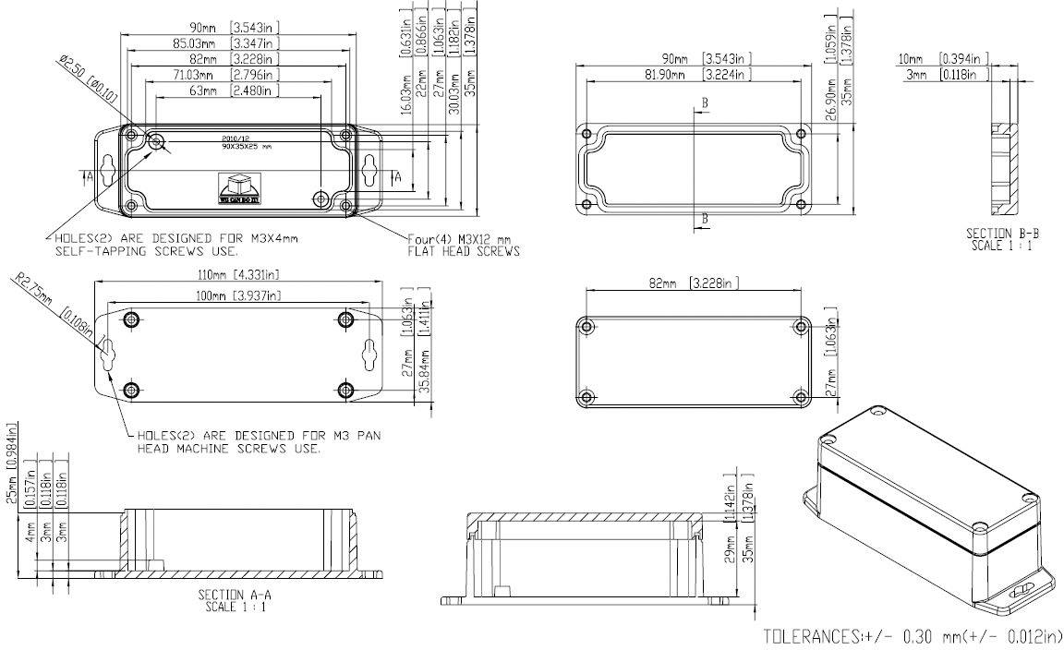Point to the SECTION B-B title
(x=1001, y=239)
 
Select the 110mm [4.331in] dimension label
(x=237, y=274)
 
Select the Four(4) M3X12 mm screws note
(x=464, y=245)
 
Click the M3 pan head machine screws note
(x=259, y=441)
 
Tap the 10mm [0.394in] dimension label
(x=941, y=59)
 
